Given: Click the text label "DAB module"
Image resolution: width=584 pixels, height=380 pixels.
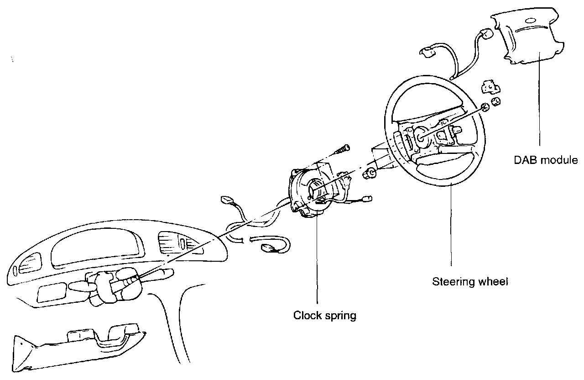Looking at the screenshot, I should (545, 160).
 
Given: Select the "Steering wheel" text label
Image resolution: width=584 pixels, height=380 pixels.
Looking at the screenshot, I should (470, 281).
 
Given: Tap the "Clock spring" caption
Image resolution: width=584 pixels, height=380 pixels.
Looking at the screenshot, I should (324, 315).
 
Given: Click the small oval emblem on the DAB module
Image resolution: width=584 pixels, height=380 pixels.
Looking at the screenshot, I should (531, 21).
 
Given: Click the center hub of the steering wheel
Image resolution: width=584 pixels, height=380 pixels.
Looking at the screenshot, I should (421, 135).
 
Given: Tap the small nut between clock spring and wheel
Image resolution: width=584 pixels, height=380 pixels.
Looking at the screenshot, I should (370, 173).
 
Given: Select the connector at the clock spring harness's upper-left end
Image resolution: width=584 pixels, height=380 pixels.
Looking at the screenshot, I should (226, 200).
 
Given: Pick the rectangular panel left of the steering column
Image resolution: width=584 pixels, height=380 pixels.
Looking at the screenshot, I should (52, 292).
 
